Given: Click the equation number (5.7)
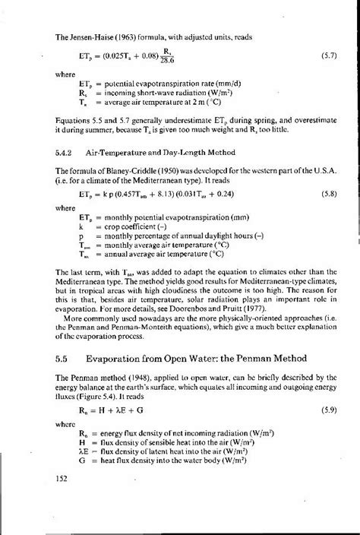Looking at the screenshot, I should point(320,56).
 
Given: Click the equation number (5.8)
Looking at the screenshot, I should point(320,193).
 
